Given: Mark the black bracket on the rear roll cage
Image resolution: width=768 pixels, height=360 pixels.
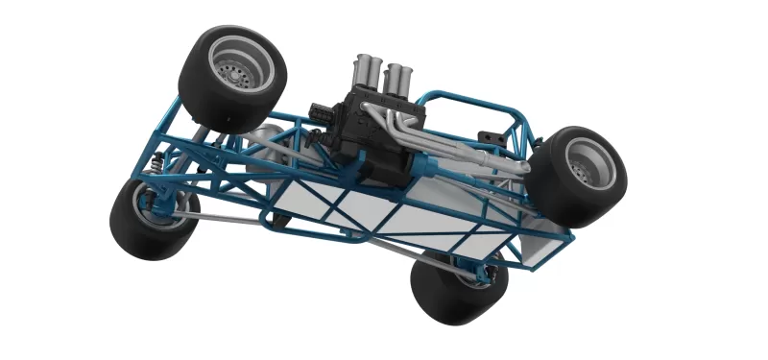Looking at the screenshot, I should coord(496,139).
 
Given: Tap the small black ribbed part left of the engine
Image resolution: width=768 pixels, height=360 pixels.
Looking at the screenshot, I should coord(322,116).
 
